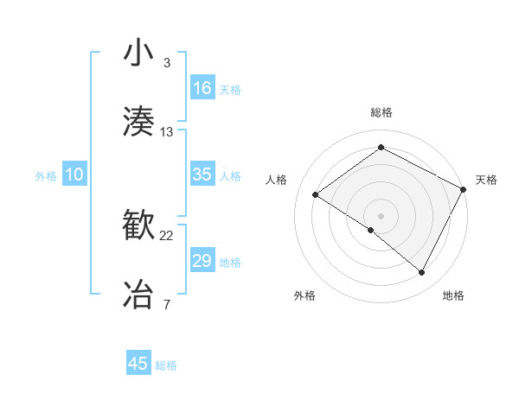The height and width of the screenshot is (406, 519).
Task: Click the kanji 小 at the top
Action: [x=139, y=54]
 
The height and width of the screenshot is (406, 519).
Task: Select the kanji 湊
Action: [x=139, y=121]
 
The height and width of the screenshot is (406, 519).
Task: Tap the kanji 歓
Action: [x=139, y=227]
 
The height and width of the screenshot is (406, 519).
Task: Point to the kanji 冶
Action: [x=139, y=294]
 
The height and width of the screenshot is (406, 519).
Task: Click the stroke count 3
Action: [x=167, y=63]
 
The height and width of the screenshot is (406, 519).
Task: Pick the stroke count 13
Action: [x=167, y=131]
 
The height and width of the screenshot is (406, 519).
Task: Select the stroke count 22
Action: [x=167, y=236]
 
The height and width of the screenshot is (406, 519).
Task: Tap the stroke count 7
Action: [x=167, y=304]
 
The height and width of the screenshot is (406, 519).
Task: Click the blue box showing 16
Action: [x=202, y=88]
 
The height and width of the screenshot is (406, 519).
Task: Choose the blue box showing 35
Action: [x=202, y=174]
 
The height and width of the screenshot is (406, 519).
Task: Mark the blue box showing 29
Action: [x=202, y=261]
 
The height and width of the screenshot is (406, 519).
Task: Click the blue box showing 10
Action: [x=74, y=174]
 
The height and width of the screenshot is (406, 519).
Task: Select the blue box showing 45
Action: [x=138, y=364]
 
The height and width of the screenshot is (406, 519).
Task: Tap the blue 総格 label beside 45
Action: [x=166, y=365]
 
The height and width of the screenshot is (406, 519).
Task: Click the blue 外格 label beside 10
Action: [x=46, y=176]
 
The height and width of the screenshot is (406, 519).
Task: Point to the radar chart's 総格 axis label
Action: [x=381, y=112]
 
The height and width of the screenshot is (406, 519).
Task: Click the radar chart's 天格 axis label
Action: [x=486, y=180]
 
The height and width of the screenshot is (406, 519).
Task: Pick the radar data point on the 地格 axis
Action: [x=422, y=273]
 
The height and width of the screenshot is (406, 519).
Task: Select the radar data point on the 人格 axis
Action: [x=316, y=195]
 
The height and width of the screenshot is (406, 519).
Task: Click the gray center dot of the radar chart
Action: [x=381, y=215]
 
